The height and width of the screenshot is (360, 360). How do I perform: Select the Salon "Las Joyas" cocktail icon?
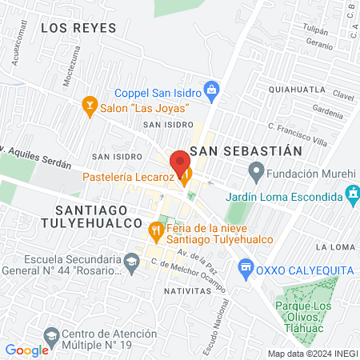pyautogui.click(x=90, y=105)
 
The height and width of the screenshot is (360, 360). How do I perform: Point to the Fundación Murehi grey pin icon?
pyautogui.click(x=256, y=170)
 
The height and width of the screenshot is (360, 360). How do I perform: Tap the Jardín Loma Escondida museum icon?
pyautogui.click(x=350, y=193)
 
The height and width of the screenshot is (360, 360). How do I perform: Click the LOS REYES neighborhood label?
pyautogui.click(x=78, y=28)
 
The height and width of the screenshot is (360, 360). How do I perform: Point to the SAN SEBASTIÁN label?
pyautogui.click(x=250, y=150)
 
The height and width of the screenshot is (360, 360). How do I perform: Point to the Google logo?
pyautogui.click(x=27, y=350)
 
